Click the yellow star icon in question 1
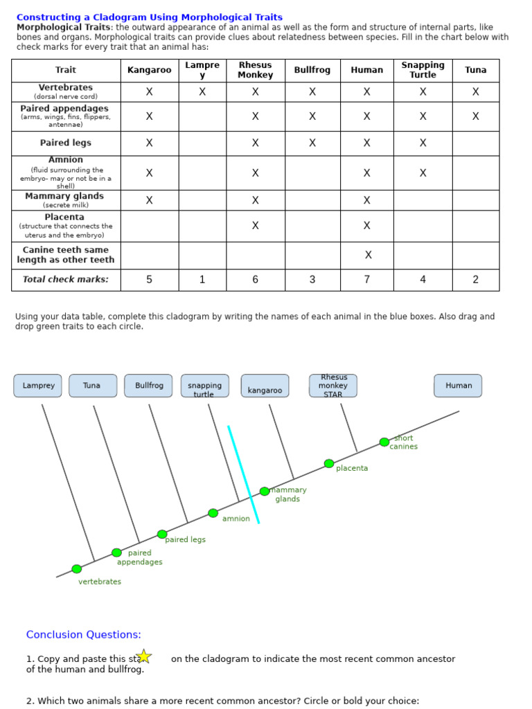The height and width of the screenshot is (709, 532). point(143,656)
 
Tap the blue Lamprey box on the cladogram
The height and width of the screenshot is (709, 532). point(38,386)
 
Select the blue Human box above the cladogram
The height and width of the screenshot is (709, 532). point(458,386)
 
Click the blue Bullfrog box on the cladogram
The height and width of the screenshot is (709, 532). point(148,386)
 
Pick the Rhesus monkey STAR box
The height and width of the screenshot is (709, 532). point(333,386)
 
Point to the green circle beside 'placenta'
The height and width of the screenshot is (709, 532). point(329,464)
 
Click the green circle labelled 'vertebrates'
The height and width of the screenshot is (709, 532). point(77,569)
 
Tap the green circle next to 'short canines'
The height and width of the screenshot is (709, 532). point(384,442)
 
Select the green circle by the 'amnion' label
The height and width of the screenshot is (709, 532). point(213,513)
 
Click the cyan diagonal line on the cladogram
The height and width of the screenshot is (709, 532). point(244,475)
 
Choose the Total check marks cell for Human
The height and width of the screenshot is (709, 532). point(367,280)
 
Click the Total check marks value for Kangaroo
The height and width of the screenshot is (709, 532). point(150,280)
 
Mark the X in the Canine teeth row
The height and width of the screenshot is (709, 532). point(368,255)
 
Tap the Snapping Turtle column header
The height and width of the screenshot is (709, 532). point(423,70)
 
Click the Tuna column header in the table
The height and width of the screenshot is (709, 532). point(476,70)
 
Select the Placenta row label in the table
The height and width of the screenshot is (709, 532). point(65,226)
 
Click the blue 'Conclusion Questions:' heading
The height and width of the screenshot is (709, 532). point(83,634)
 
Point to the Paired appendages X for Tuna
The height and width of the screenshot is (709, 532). point(476,116)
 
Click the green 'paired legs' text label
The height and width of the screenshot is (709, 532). point(186,539)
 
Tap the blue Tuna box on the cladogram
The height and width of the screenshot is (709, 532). point(92,386)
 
